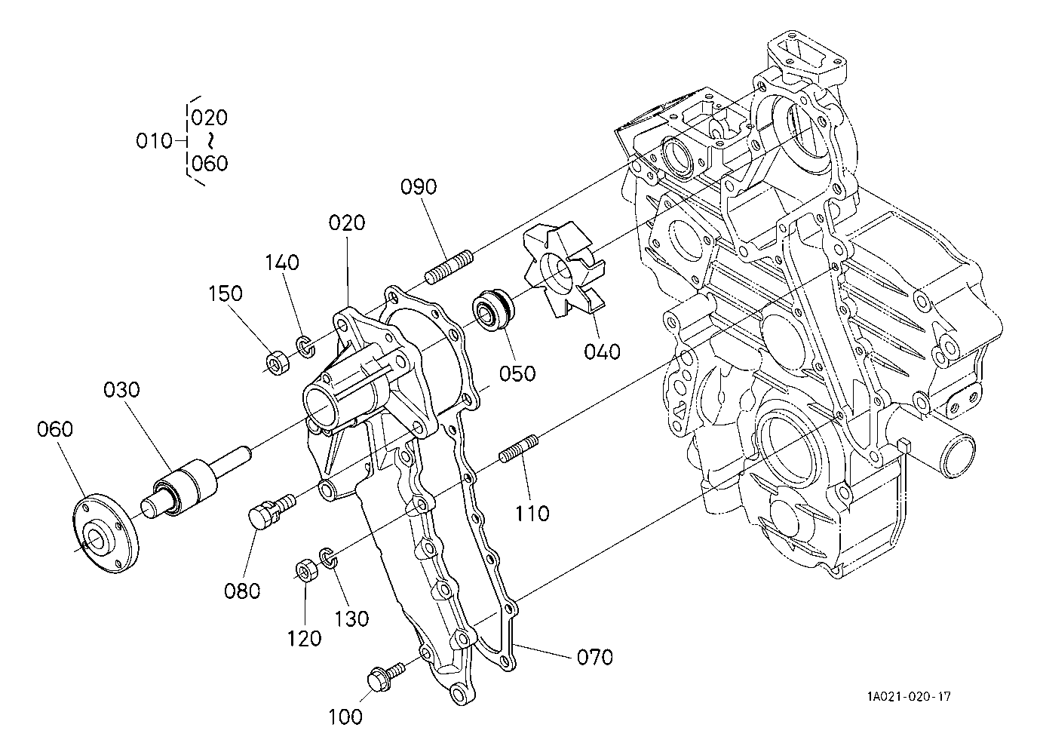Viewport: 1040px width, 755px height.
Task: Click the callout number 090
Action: (x=419, y=187)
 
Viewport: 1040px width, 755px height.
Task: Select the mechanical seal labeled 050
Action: (x=493, y=308)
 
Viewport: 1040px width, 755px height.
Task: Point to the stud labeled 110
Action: (x=518, y=449)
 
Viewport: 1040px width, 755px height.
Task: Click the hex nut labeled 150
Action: (x=278, y=362)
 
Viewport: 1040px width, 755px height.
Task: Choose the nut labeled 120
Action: (x=306, y=569)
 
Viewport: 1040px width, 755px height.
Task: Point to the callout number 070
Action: (x=594, y=658)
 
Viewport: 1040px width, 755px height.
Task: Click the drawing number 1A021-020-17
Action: (x=908, y=696)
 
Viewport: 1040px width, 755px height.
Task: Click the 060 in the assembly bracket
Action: (x=209, y=164)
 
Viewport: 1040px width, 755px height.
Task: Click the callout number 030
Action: (x=122, y=390)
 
